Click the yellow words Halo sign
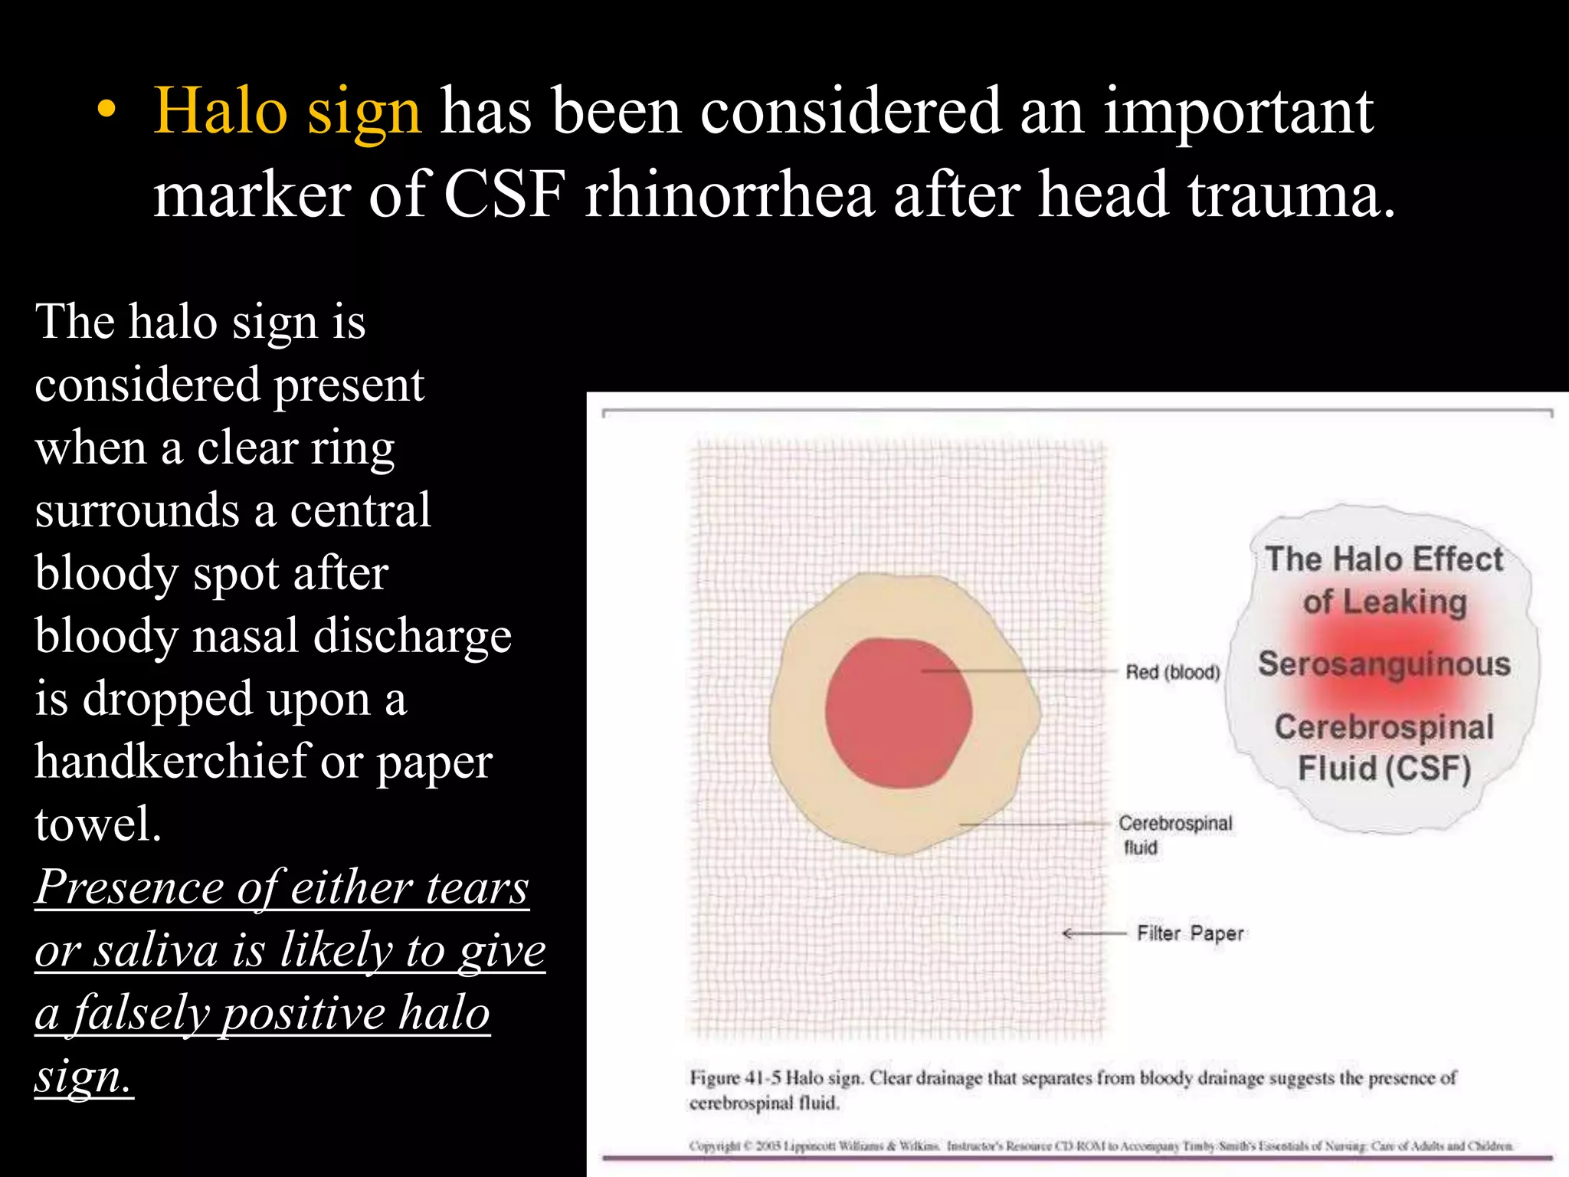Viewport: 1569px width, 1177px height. (287, 112)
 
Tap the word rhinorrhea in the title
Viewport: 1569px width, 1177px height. (729, 195)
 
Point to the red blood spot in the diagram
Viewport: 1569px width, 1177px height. (898, 713)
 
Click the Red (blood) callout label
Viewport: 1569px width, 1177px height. (1172, 672)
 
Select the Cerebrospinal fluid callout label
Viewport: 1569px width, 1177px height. (1174, 834)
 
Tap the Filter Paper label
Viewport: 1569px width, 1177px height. (1190, 933)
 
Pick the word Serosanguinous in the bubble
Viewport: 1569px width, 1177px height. (1384, 664)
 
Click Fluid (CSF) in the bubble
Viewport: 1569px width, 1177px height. (1384, 768)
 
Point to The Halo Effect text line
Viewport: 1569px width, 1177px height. (1384, 559)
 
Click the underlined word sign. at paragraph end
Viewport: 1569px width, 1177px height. (83, 1077)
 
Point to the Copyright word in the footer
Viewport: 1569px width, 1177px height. (714, 1146)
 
